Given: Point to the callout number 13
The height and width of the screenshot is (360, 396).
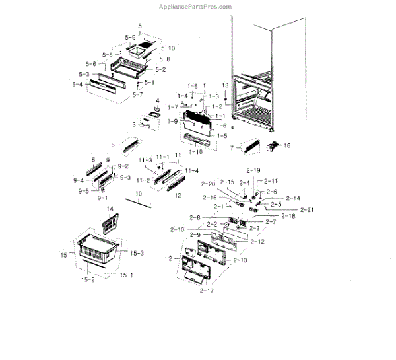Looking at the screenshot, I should click(x=225, y=85).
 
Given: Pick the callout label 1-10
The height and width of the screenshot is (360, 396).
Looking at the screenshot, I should click(x=195, y=151).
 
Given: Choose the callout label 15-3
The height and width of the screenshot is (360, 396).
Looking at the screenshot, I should click(x=137, y=253).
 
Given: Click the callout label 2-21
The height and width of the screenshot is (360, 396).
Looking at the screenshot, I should click(x=306, y=209).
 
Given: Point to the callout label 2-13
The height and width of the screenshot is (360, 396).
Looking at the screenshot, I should click(x=240, y=260).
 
